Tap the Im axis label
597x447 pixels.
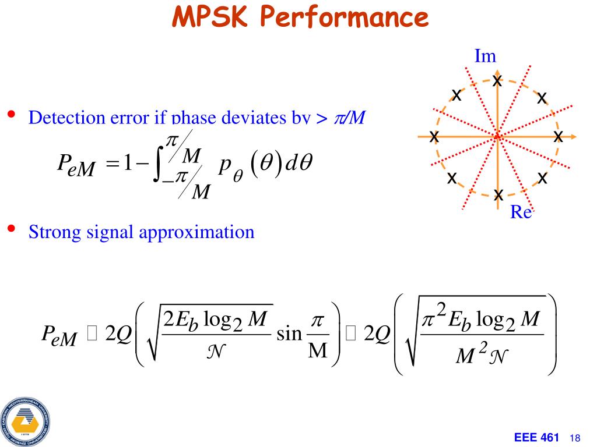[x=485, y=56]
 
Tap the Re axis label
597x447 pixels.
[x=521, y=212]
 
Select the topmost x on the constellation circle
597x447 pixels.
[x=497, y=80]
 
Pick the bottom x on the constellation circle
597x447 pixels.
[x=498, y=195]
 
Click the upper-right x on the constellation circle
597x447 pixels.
[x=542, y=98]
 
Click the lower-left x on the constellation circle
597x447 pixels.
[x=451, y=178]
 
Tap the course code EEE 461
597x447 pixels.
[x=537, y=438]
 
